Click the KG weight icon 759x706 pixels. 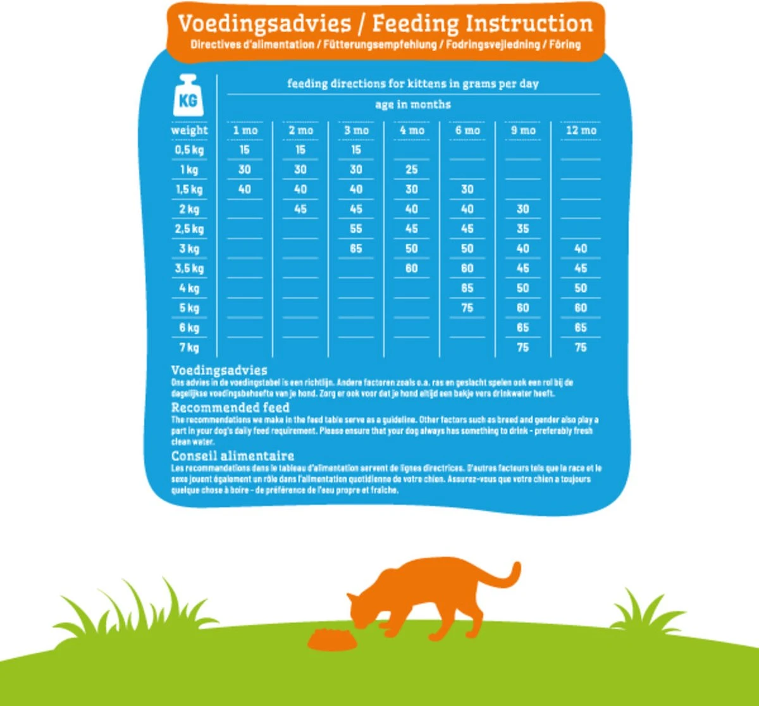click(188, 96)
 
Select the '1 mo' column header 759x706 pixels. click(245, 130)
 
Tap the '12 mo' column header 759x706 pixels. click(581, 130)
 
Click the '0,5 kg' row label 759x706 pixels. click(189, 150)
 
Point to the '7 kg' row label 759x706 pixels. click(189, 347)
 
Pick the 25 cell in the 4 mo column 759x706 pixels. click(412, 170)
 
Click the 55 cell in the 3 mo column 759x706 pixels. click(356, 229)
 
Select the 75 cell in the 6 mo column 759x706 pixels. click(467, 308)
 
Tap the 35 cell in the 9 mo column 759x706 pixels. click(522, 229)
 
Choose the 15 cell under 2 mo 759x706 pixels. click(300, 150)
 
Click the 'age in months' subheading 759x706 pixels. click(412, 104)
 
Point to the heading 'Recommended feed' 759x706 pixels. click(230, 407)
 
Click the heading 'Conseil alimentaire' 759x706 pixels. click(233, 455)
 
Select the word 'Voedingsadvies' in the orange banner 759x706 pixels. click(264, 24)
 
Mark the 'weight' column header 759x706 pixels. click(189, 130)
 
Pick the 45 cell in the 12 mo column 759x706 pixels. click(581, 268)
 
